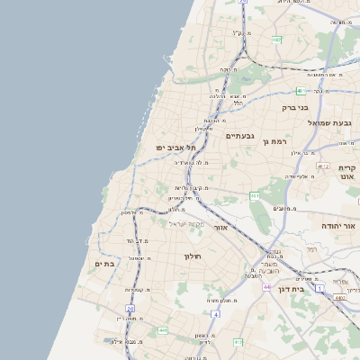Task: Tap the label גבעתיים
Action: click(241, 136)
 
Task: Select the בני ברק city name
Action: click(295, 107)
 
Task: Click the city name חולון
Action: click(193, 256)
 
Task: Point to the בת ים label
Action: click(105, 263)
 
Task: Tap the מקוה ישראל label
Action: click(187, 222)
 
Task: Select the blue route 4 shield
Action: click(216, 314)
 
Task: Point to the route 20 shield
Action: click(130, 310)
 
